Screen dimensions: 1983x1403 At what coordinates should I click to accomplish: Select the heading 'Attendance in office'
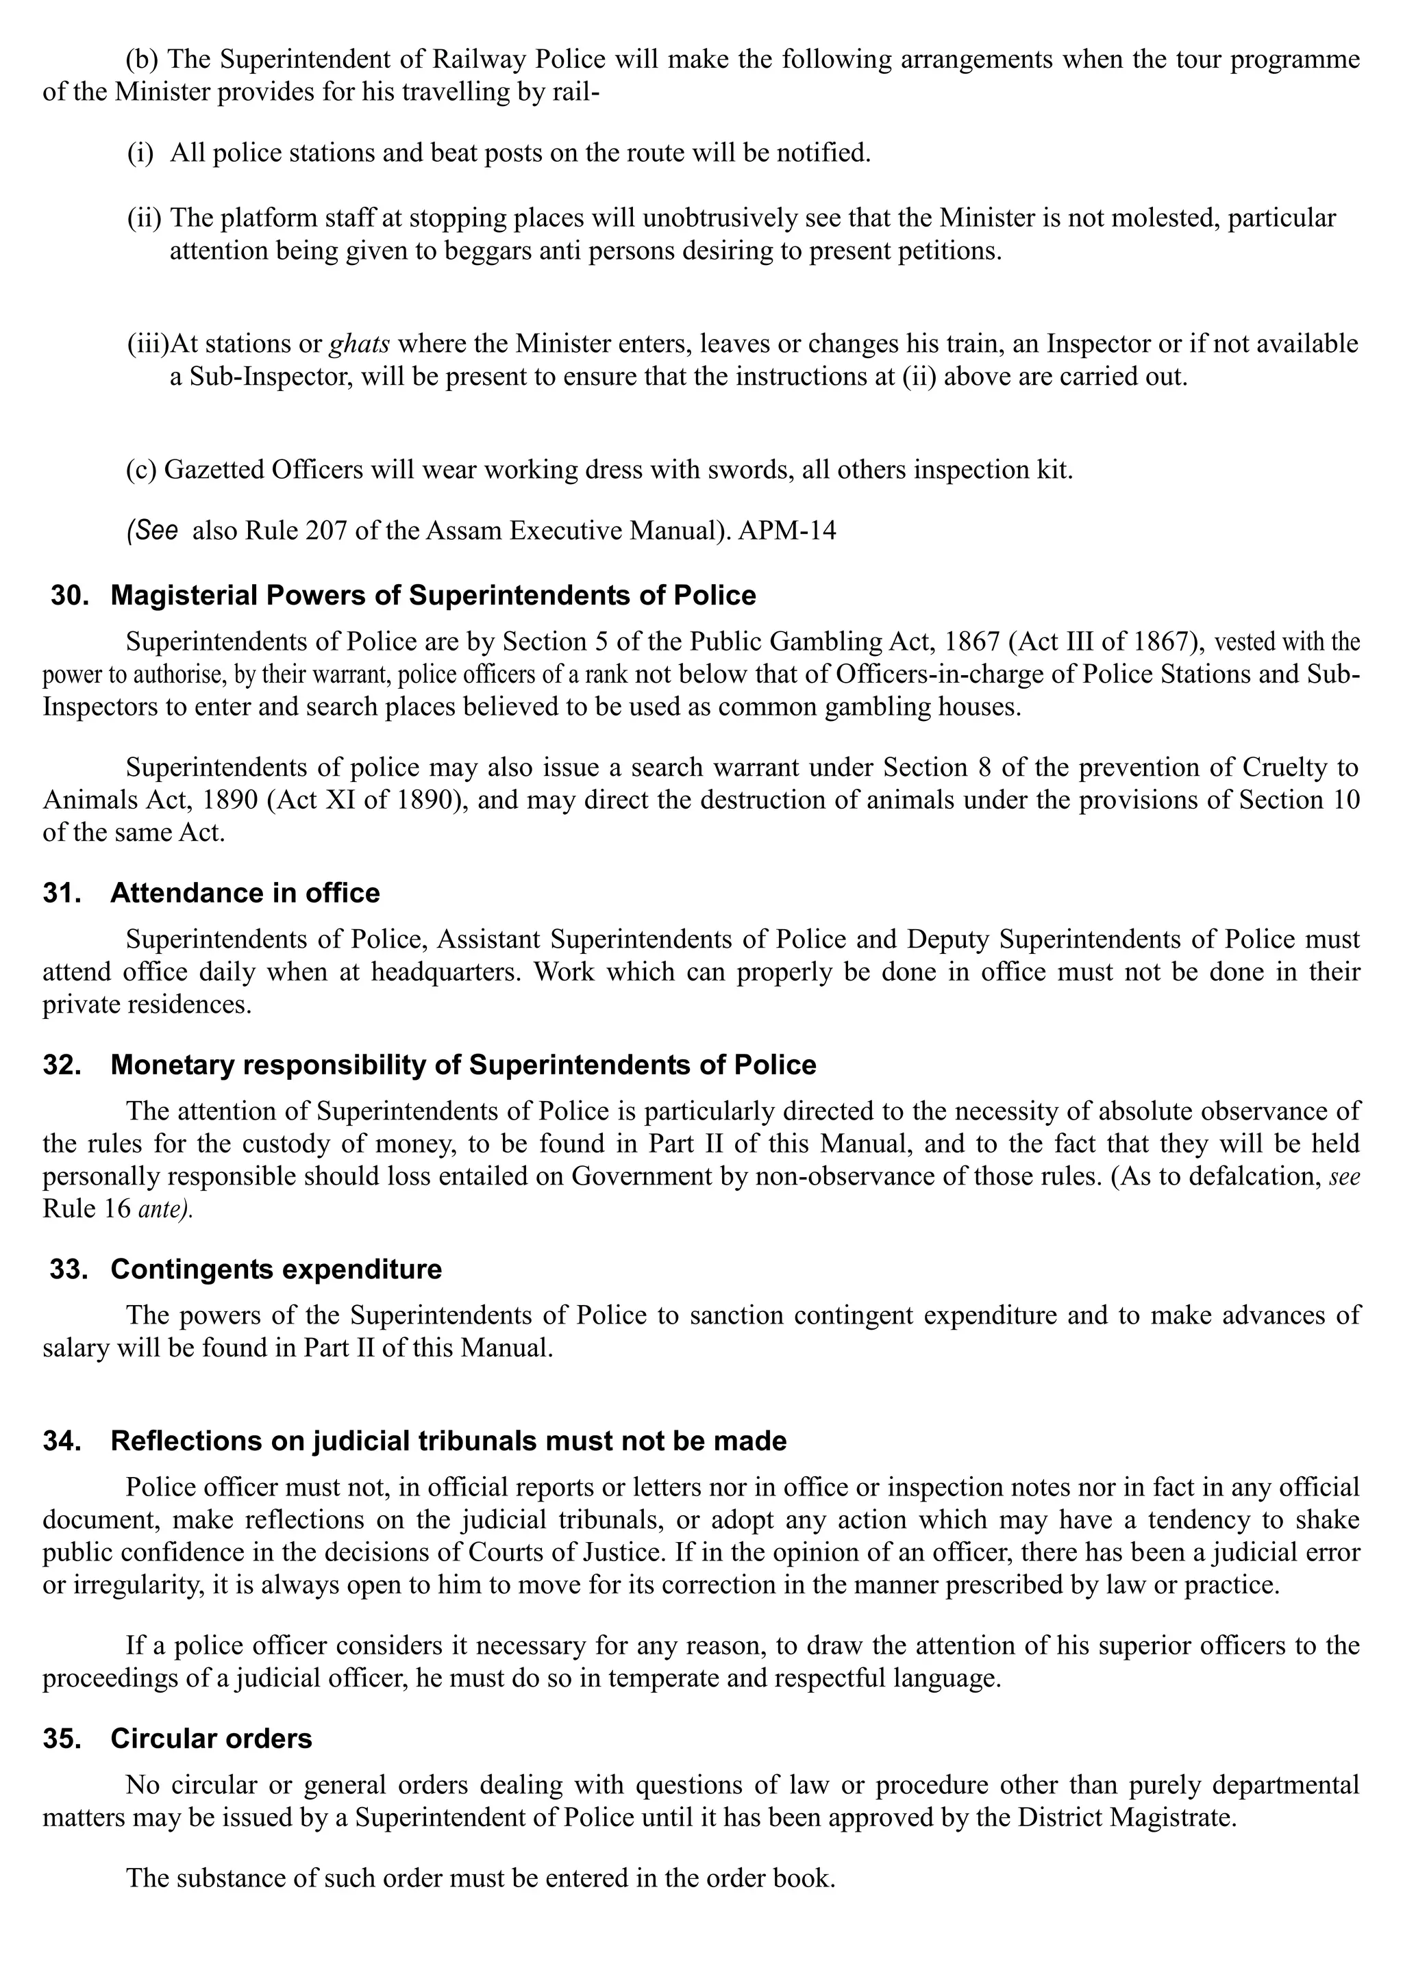(245, 893)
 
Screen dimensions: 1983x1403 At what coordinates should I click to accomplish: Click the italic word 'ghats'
(360, 344)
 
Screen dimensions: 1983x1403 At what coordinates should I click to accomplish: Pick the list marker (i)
(140, 154)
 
